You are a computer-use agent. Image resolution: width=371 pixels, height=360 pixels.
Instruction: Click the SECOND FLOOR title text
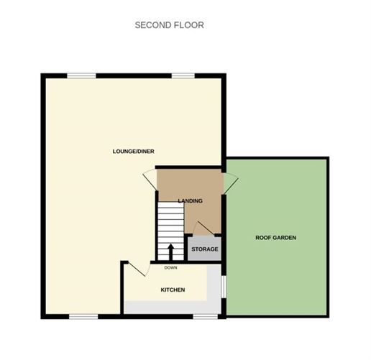pyautogui.click(x=169, y=25)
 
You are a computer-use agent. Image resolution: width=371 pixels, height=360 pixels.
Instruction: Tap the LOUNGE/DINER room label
pyautogui.click(x=134, y=151)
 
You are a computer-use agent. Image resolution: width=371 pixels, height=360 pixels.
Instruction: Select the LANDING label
pyautogui.click(x=190, y=201)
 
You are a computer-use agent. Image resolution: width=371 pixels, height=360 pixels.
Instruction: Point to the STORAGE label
pyautogui.click(x=204, y=249)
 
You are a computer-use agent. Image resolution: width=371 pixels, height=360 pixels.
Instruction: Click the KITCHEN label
pyautogui.click(x=172, y=290)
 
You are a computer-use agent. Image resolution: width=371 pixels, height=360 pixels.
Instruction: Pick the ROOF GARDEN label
pyautogui.click(x=276, y=237)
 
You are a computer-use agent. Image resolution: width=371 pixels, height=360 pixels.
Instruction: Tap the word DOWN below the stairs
pyautogui.click(x=170, y=268)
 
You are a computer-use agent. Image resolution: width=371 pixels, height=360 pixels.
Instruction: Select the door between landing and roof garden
pyautogui.click(x=230, y=183)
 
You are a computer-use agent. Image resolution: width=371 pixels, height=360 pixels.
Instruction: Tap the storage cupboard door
pyautogui.click(x=203, y=229)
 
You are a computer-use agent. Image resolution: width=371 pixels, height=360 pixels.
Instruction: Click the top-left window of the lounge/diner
pyautogui.click(x=82, y=75)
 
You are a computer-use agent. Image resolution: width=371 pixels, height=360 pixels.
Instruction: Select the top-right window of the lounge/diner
pyautogui.click(x=183, y=75)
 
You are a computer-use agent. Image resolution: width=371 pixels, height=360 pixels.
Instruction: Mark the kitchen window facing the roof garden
pyautogui.click(x=224, y=285)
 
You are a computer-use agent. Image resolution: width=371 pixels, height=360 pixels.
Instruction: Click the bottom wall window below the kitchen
pyautogui.click(x=206, y=315)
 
